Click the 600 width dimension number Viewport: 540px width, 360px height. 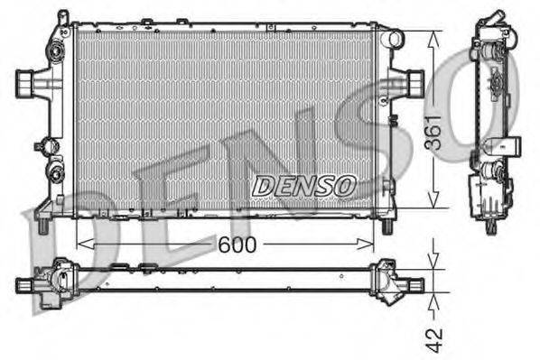click(x=237, y=245)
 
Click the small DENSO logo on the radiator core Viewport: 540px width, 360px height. click(x=304, y=186)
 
